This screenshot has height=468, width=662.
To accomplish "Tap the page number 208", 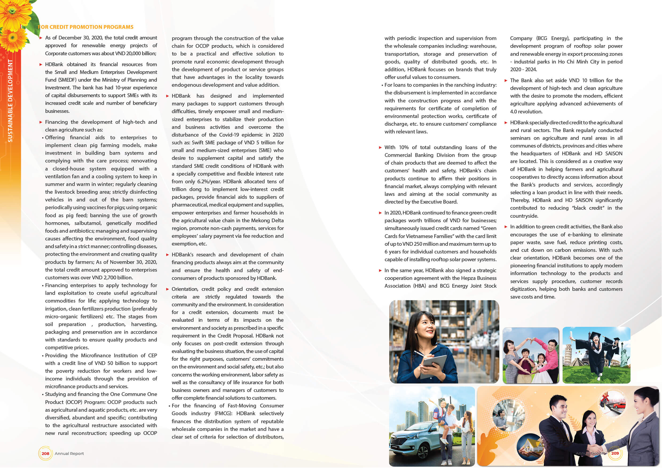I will pyautogui.click(x=45, y=453).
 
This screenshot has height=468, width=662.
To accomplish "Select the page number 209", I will pyautogui.click(x=615, y=453).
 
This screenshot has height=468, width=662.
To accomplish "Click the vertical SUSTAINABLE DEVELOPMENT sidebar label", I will pyautogui.click(x=10, y=101).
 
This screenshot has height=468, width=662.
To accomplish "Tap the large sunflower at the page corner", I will pyautogui.click(x=13, y=13).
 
